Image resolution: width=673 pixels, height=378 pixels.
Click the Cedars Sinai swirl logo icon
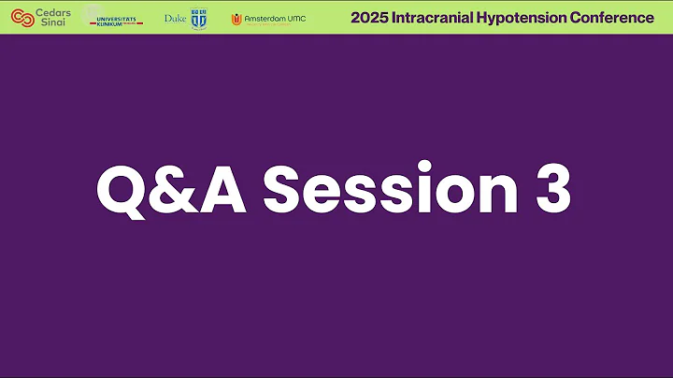pyautogui.click(x=20, y=17)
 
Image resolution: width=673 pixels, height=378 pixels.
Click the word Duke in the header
pyautogui.click(x=175, y=18)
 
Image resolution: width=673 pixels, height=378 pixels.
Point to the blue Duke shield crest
pyautogui.click(x=198, y=18)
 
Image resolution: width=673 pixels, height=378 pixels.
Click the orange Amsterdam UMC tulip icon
pyautogui.click(x=237, y=19)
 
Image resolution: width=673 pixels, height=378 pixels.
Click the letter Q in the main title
pyautogui.click(x=127, y=190)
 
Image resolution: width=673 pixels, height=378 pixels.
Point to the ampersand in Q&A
pyautogui.click(x=183, y=190)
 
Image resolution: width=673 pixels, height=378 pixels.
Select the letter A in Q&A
pyautogui.click(x=233, y=190)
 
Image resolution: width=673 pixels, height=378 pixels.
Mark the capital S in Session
pyautogui.click(x=286, y=190)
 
